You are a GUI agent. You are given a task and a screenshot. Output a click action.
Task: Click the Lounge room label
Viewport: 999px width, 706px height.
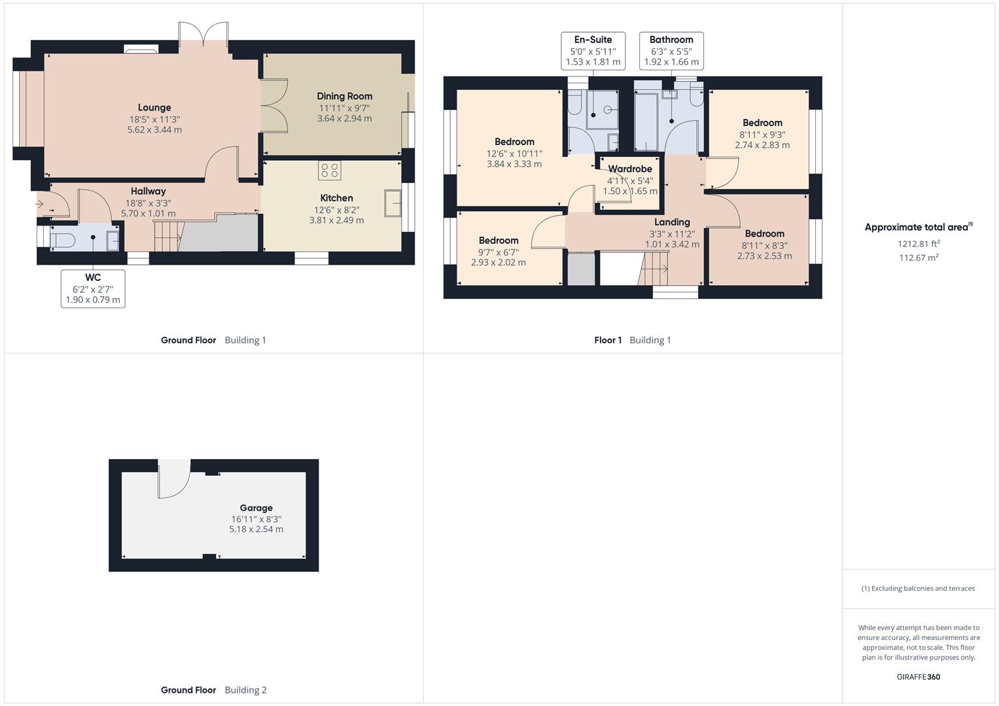click(x=154, y=108)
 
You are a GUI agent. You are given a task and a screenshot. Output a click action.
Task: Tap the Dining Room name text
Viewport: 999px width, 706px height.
click(x=344, y=96)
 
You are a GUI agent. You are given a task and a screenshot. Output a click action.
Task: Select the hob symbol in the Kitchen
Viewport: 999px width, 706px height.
click(x=329, y=171)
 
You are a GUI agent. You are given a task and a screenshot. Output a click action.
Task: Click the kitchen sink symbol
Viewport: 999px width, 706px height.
click(x=393, y=203)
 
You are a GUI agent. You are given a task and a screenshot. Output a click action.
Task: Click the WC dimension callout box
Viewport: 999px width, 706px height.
click(x=93, y=288)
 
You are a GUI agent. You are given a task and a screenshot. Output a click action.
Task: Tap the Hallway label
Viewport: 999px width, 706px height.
click(x=148, y=192)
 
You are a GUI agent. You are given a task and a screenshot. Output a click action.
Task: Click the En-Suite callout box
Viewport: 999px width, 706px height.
click(x=593, y=51)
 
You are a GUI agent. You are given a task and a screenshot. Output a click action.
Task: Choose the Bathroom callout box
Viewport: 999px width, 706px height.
click(x=671, y=51)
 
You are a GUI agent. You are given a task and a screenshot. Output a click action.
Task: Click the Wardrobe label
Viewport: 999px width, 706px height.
click(x=630, y=169)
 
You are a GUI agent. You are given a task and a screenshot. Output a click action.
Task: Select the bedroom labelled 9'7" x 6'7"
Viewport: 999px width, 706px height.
click(x=499, y=251)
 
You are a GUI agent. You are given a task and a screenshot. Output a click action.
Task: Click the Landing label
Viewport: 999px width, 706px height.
click(x=672, y=222)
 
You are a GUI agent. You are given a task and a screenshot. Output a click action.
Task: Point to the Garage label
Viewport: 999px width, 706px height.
click(x=256, y=508)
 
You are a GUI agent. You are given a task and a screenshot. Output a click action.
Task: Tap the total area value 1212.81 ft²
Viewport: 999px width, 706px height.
click(x=919, y=244)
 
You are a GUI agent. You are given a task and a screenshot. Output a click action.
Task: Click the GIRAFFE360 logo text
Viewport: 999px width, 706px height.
click(x=918, y=677)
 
